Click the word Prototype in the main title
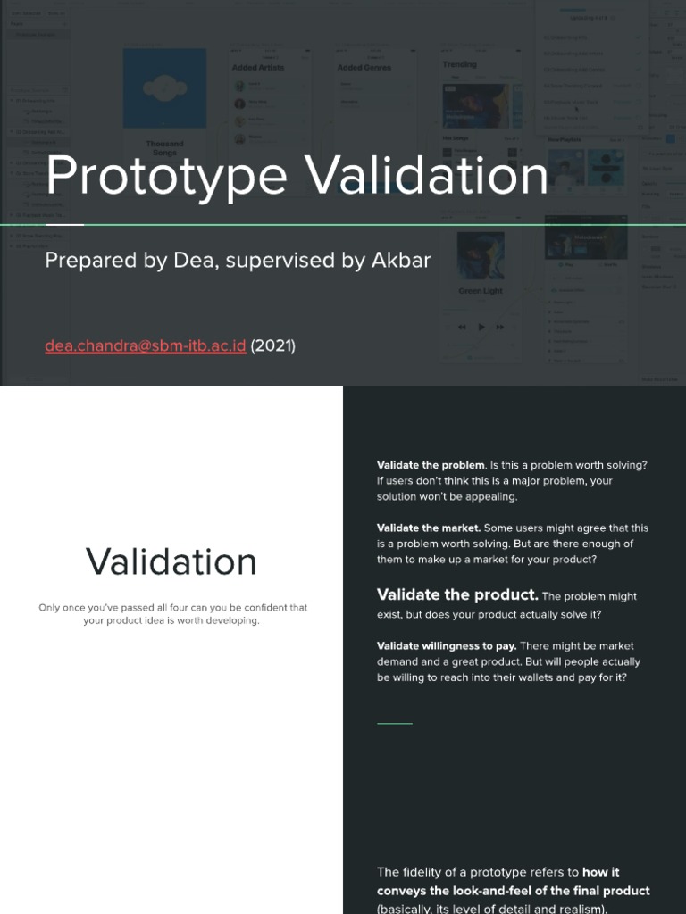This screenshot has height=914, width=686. coord(165,176)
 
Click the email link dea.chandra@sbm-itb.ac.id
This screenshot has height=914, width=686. coord(145,345)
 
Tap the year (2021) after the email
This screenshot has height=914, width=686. coord(272,345)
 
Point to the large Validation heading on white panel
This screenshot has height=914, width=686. coord(171,561)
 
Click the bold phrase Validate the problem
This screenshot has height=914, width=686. coord(431,465)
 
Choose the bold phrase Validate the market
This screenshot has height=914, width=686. coord(429,528)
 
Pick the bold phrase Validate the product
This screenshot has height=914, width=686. coord(457,595)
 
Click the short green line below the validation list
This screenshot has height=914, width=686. coord(395,723)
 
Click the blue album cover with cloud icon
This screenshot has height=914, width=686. coord(164,88)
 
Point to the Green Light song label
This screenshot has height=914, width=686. coord(481,291)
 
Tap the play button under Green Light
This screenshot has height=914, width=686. coord(481,327)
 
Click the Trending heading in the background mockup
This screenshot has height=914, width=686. coord(459,65)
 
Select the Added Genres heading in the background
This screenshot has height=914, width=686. coord(364,67)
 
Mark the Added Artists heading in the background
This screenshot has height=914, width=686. coord(257,67)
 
